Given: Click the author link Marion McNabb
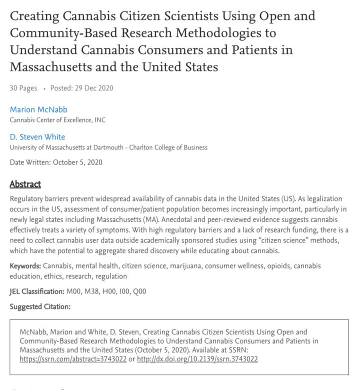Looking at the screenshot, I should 39,110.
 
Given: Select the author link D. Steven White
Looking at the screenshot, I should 37,137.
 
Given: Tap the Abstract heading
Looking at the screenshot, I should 25,184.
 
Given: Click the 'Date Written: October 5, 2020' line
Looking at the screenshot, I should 56,163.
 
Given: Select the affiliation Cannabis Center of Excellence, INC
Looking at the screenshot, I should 58,120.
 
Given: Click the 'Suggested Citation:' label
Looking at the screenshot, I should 40,307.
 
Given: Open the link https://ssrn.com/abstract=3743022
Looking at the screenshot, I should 73,359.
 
